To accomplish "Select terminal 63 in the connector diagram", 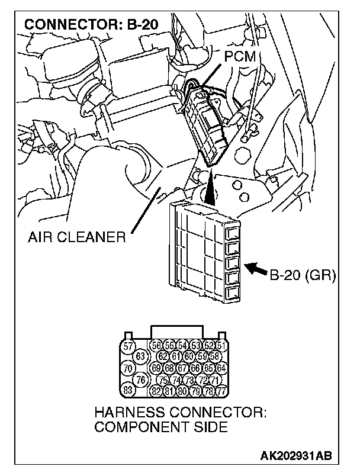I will tap(140, 356).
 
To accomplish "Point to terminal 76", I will tap(141, 379).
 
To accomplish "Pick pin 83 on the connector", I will tap(127, 390).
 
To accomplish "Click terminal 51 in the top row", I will tap(221, 346).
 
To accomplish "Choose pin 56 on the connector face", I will tap(157, 346).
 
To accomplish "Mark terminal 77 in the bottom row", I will tap(221, 391).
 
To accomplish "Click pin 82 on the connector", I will tap(157, 391).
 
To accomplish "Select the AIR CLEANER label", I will tap(76, 238).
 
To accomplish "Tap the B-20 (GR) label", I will tap(303, 275).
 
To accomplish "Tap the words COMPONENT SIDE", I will tap(161, 427).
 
